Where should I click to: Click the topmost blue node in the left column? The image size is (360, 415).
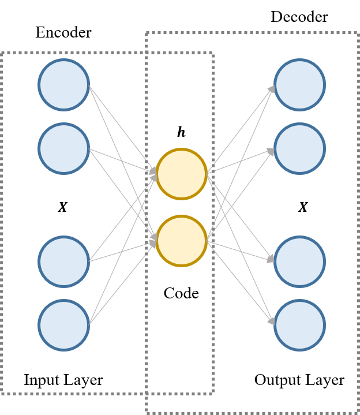pos(63,84)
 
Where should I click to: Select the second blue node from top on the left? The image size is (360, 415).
pos(63,148)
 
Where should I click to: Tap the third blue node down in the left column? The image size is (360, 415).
pos(63,261)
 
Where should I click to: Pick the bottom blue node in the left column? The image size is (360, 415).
pos(63,325)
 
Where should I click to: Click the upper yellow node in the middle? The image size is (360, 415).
pos(182,174)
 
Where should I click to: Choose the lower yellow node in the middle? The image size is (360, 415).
pos(182,241)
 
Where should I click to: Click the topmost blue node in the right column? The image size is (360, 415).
pos(299,84)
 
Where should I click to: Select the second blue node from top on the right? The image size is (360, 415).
pos(299,148)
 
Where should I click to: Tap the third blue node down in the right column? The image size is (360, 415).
pos(299,261)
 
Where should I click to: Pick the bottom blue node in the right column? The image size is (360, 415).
pos(299,325)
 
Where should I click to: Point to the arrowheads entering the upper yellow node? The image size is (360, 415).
pos(153,173)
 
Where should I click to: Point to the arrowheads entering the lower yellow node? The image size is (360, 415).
pos(153,241)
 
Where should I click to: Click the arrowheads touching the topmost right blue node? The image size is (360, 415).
pos(271,88)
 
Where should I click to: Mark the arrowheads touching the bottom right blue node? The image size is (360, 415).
pos(271,321)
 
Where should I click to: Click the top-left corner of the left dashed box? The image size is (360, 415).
pos(2,53)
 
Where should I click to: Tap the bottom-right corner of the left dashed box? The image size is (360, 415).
pos(213,394)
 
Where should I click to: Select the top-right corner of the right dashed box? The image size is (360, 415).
pos(357,33)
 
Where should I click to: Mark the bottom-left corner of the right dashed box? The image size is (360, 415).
pos(147,412)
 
